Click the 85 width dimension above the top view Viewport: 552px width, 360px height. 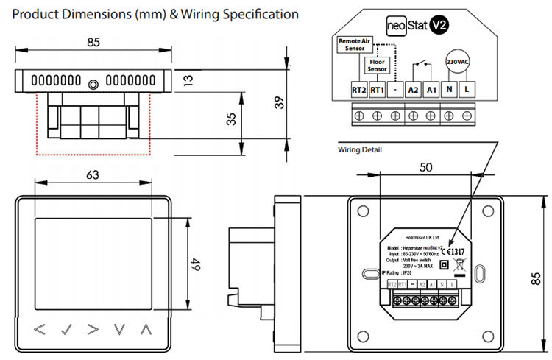93,43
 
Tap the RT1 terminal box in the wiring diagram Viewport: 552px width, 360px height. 376,89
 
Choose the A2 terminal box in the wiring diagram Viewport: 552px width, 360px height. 413,89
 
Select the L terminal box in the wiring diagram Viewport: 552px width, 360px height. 467,89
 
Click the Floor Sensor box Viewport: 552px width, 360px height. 377,66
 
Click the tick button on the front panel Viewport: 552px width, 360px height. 67,329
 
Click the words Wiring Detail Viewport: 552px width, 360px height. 359,149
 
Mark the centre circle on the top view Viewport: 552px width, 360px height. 91,84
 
